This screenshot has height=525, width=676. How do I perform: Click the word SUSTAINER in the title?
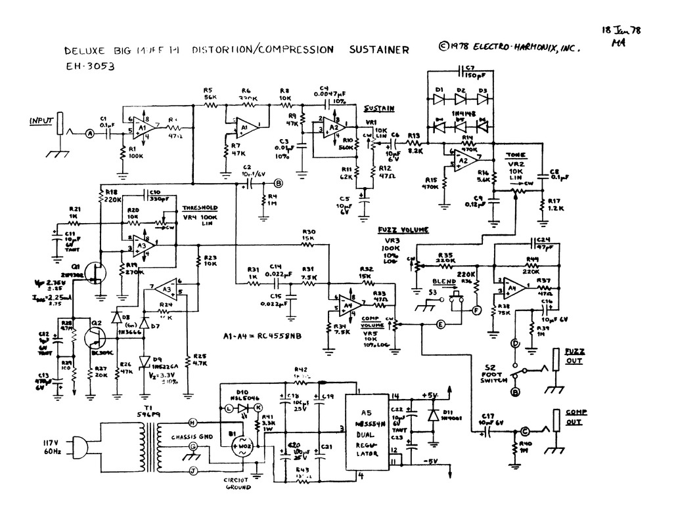(x=379, y=50)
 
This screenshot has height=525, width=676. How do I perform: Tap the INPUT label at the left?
(x=40, y=121)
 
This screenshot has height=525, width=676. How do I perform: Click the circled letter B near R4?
(x=278, y=183)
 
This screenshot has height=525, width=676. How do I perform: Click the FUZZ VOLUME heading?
(x=403, y=230)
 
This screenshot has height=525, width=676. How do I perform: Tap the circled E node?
(x=441, y=324)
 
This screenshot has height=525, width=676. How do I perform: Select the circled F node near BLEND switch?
(x=477, y=310)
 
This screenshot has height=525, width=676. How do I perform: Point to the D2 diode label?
(x=461, y=89)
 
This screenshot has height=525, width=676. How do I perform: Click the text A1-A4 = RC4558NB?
(x=261, y=336)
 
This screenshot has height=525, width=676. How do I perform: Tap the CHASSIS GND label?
(x=191, y=436)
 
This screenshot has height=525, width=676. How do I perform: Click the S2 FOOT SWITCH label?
(x=494, y=374)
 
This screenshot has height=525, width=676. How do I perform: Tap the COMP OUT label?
(x=574, y=417)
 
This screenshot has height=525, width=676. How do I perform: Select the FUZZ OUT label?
(x=575, y=356)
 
